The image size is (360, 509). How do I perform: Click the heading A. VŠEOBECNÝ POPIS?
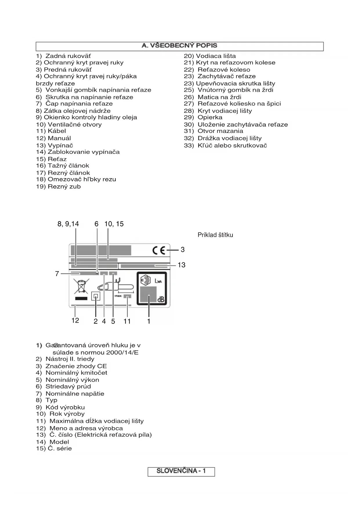(x=179, y=46)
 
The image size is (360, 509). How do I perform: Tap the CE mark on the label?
(x=159, y=250)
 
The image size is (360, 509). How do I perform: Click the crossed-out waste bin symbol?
(x=82, y=286)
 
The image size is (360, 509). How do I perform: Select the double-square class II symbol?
(x=96, y=296)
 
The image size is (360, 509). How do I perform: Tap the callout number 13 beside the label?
(x=182, y=265)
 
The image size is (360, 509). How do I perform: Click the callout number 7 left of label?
(x=57, y=274)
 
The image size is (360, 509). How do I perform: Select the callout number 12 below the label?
(x=75, y=320)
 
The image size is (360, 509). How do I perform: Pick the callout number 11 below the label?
(x=127, y=321)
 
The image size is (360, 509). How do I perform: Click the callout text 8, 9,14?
(x=68, y=224)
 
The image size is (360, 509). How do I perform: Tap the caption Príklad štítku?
(x=215, y=235)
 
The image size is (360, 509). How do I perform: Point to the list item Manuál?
(x=53, y=138)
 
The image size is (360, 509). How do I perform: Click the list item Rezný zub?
(x=58, y=187)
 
